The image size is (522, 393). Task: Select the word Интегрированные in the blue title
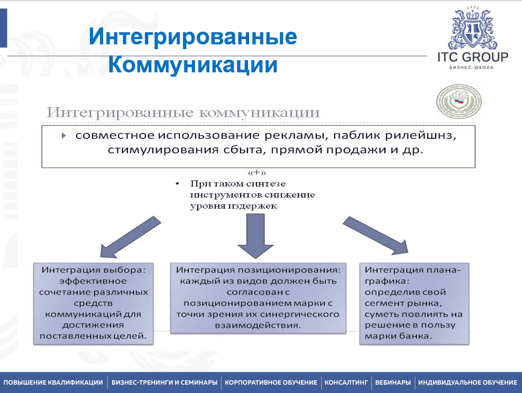[x=193, y=38]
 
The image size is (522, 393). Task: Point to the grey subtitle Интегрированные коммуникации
[x=183, y=113]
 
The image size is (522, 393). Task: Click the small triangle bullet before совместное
[x=64, y=136]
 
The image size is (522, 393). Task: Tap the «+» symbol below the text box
[x=256, y=173]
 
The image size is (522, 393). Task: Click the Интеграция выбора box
[x=94, y=303]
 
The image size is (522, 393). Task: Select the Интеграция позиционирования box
[x=259, y=297]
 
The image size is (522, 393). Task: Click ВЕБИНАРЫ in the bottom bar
[x=392, y=382]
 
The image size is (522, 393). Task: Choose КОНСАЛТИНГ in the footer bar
[x=346, y=382]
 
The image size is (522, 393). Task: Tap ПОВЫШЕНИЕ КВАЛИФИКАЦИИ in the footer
[x=53, y=382]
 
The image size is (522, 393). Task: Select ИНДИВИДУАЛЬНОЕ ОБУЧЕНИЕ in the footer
[x=468, y=382]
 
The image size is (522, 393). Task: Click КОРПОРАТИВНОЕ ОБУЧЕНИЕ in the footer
[x=271, y=382]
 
